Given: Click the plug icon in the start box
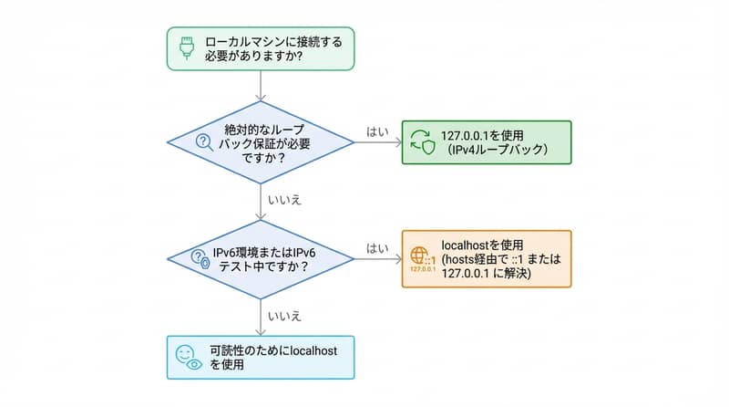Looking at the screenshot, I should (186, 47).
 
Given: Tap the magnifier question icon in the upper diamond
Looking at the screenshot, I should (203, 141).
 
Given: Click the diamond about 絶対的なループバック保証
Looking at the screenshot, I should (261, 141).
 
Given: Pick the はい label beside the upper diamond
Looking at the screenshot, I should (377, 131).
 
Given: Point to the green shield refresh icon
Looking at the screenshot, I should (422, 141).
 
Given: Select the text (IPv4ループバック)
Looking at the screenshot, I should (489, 151).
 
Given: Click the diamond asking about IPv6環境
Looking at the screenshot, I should (261, 259).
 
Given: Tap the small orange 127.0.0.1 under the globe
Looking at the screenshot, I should (422, 270).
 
